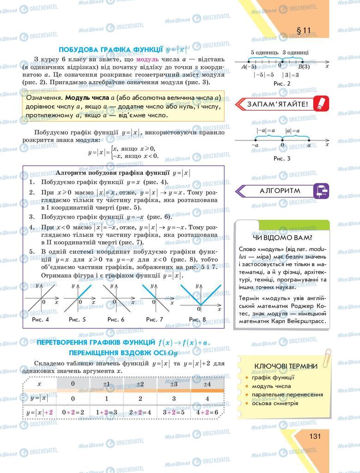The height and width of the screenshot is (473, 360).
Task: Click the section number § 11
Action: coord(303,31)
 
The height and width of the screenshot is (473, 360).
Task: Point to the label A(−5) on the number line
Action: coord(249,67)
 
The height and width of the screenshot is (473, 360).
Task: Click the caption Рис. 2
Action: coord(281,84)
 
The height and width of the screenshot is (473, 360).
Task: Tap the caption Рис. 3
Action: coord(281,158)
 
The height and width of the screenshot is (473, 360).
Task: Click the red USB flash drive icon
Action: coord(319,103)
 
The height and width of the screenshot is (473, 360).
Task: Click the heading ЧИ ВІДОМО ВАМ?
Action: coord(282,238)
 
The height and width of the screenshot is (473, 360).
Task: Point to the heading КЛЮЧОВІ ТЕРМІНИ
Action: coord(286,366)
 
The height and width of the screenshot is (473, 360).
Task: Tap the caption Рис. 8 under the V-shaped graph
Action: coord(197,319)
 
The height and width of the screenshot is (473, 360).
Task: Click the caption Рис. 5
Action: coord(77,319)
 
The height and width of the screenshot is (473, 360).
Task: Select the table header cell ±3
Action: coord(174,384)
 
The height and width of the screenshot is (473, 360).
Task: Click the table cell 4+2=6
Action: coord(207,412)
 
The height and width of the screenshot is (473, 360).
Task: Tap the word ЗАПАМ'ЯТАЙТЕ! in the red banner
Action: coord(278,104)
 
